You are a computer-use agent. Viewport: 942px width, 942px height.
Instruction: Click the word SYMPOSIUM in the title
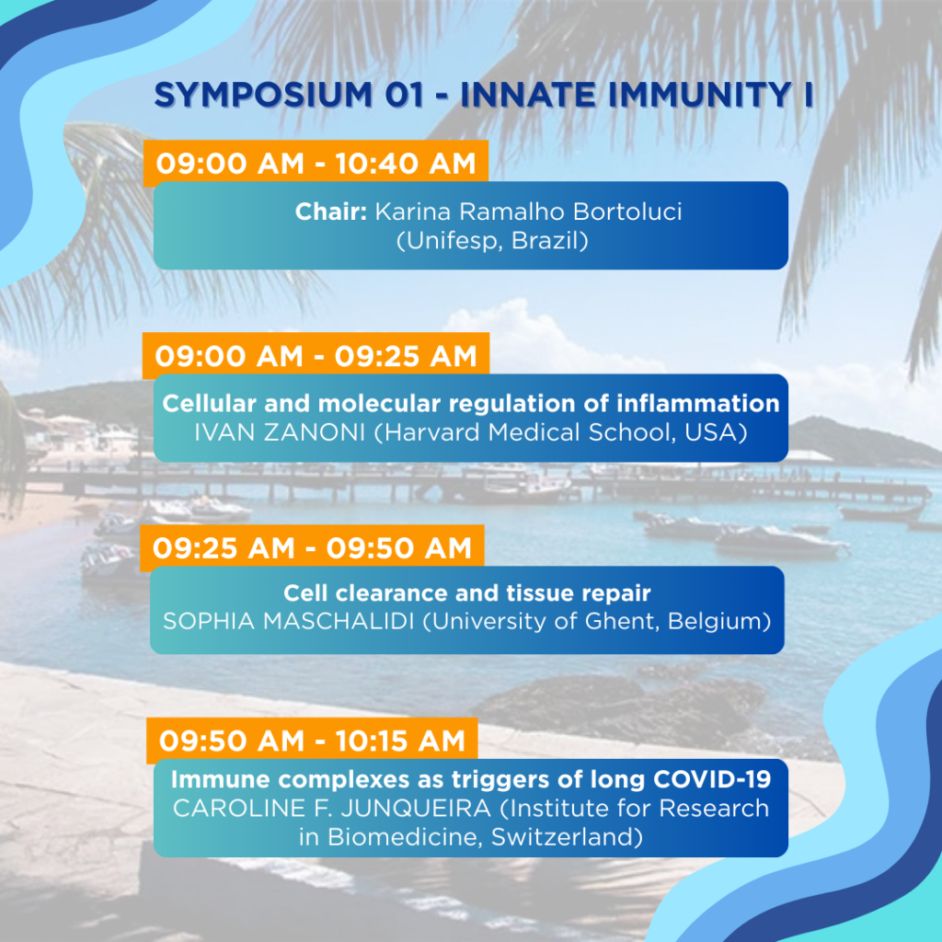pos(263,95)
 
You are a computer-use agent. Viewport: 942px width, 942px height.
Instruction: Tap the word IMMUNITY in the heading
pos(700,95)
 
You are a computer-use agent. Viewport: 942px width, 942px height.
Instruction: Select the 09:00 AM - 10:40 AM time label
pos(316,164)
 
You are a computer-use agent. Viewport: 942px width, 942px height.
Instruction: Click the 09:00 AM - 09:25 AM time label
pos(316,356)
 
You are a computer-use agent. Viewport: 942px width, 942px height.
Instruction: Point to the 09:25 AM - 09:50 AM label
pos(312,548)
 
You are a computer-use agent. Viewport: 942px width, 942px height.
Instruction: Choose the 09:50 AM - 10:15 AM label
pos(312,741)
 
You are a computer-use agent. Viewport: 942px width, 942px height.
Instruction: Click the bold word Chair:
pos(331,212)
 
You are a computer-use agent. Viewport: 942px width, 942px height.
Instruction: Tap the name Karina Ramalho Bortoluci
pos(529,212)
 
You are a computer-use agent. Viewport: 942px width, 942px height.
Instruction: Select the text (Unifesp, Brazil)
pos(492,241)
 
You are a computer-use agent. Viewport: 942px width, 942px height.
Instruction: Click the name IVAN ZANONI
pos(280,432)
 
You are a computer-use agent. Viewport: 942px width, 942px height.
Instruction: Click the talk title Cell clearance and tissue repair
pos(466,593)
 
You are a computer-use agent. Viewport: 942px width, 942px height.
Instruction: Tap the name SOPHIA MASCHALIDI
pos(289,621)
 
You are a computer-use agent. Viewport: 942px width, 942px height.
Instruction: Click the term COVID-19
pos(712,779)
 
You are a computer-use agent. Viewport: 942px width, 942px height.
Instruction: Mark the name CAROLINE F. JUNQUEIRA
pos(332,809)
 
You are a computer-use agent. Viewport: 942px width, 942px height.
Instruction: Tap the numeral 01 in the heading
pos(405,95)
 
